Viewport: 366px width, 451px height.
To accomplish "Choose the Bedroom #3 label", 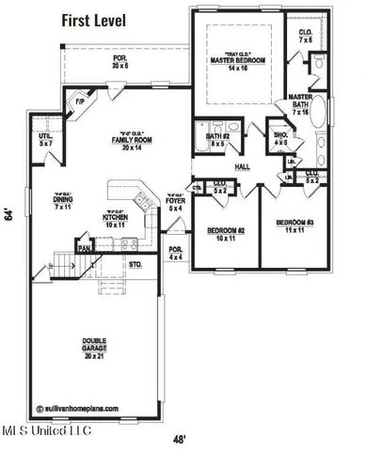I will pos(294,225).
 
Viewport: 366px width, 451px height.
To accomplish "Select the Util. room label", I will pos(44,140).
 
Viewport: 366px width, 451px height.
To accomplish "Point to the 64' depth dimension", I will pos(8,215).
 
